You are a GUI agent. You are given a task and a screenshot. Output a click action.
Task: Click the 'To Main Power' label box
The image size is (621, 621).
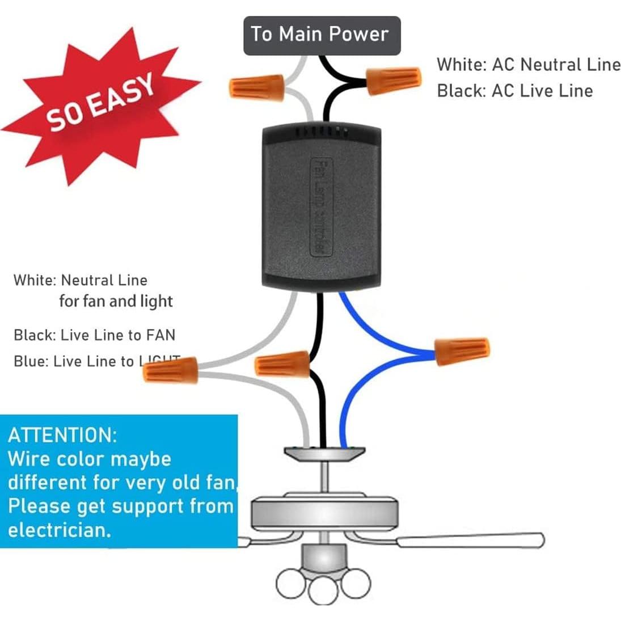322,35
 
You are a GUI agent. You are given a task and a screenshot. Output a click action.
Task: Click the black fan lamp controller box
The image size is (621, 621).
321,207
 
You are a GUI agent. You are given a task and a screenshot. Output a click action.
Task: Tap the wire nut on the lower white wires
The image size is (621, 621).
171,370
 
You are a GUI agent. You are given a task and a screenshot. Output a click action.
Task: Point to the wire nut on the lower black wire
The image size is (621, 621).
282,364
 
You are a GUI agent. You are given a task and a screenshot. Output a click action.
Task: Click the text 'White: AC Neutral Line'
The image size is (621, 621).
528,65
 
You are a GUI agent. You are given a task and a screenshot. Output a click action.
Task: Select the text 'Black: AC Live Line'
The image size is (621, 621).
514,91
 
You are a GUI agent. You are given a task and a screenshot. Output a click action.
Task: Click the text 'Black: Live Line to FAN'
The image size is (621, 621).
94,335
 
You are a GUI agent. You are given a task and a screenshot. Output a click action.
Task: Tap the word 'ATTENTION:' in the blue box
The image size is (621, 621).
62,436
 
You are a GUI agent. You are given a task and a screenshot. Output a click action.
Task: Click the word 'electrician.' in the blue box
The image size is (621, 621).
59,530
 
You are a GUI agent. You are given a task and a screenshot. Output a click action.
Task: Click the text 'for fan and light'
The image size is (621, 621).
116,301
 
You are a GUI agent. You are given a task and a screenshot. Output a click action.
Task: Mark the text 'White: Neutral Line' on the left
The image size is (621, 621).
80,280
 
